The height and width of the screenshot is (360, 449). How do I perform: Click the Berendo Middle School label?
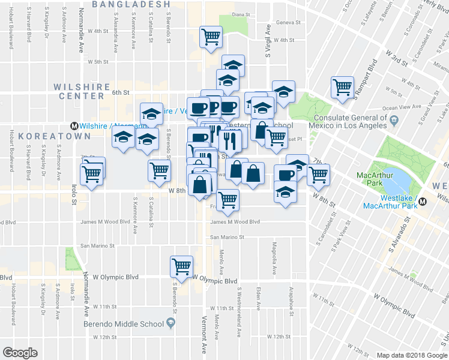pos(124,324)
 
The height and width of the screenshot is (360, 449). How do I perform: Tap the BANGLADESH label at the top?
pos(131,4)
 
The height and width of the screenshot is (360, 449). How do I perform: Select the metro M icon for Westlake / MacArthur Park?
pos(423,202)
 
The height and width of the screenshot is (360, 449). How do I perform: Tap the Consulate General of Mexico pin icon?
pos(394,120)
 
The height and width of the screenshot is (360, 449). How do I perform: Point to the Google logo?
pos(20,353)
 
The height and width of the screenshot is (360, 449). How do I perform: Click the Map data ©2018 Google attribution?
pos(411,355)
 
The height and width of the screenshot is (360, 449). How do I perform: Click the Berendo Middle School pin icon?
pos(171,323)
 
